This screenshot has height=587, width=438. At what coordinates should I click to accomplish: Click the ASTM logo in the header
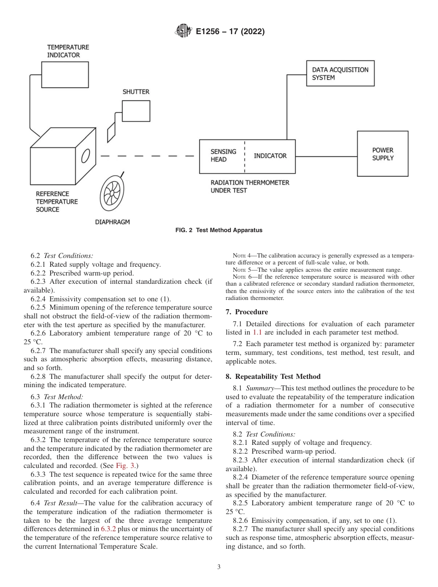click(x=183, y=32)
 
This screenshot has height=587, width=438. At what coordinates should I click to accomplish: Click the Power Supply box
click(x=383, y=154)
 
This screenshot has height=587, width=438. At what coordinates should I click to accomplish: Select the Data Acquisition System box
click(x=340, y=74)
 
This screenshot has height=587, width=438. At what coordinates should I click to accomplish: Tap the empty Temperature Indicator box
click(x=65, y=75)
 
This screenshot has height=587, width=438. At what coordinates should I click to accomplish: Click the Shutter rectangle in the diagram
click(x=136, y=111)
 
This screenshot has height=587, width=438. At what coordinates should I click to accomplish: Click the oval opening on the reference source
click(x=85, y=156)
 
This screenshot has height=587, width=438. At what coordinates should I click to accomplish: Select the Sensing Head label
click(x=223, y=156)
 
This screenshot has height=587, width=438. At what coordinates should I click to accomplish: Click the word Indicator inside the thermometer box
click(x=270, y=156)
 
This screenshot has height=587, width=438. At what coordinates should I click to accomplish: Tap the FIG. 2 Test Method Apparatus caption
click(x=219, y=230)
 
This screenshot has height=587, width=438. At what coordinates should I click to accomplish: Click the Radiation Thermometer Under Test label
click(x=249, y=186)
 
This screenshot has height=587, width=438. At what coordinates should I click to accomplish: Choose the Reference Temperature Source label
click(x=57, y=202)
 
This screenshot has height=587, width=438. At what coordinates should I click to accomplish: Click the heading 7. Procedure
click(x=247, y=312)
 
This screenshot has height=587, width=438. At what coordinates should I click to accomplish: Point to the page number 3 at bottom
click(x=219, y=567)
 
